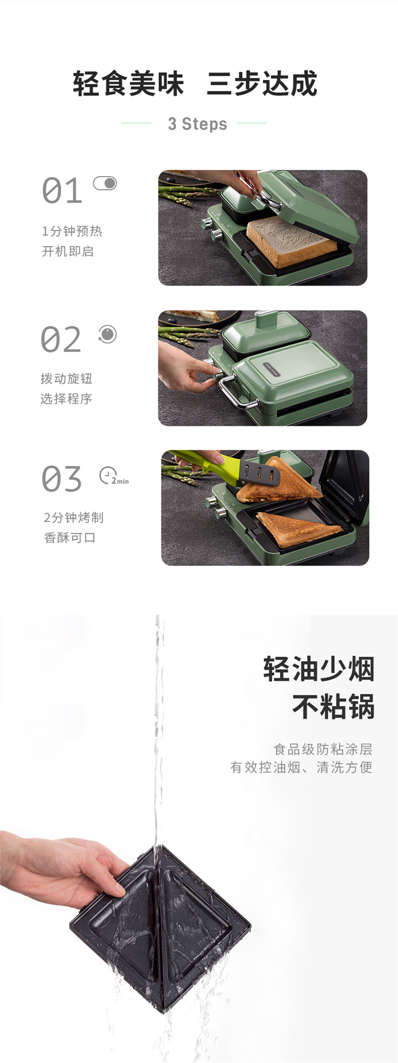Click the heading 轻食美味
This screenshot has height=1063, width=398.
(128, 84)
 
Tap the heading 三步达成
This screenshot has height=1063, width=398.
(262, 84)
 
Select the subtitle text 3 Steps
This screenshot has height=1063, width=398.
(197, 124)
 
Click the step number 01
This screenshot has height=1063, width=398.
(62, 191)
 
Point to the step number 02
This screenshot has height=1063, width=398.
(61, 339)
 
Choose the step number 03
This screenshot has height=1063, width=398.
(62, 479)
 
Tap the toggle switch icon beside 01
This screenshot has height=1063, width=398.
(105, 183)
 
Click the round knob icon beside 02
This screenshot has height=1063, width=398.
(107, 334)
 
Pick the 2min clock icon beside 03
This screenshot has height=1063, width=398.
(114, 476)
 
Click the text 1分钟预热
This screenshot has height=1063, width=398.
(72, 231)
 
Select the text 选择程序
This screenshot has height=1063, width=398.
(66, 399)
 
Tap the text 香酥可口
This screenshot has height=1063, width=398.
(70, 538)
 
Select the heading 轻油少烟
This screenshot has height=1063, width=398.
(319, 669)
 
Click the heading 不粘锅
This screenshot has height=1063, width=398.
(333, 707)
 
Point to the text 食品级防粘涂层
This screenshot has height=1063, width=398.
(323, 749)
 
